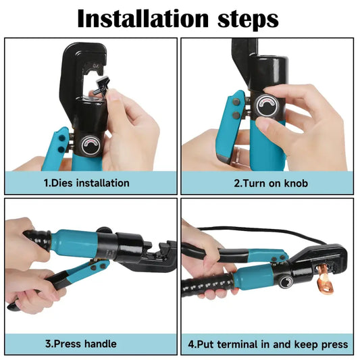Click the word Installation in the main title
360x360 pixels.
pyautogui.click(x=143, y=18)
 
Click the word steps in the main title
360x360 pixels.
pyautogui.click(x=248, y=20)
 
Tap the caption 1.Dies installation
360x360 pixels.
pyautogui.click(x=86, y=183)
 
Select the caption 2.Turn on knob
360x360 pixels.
pyautogui.click(x=271, y=183)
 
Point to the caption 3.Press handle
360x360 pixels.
pyautogui.click(x=81, y=344)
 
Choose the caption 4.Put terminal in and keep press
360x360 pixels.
pyautogui.click(x=268, y=344)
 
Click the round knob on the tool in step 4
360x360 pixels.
pyautogui.click(x=286, y=282)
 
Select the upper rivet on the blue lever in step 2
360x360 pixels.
pyautogui.click(x=236, y=102)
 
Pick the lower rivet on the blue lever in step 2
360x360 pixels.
pyautogui.click(x=236, y=115)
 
